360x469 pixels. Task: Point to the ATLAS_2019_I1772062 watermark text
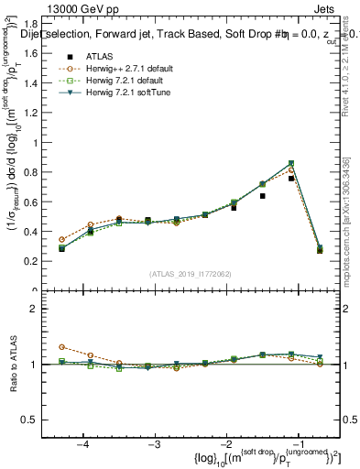click(x=191, y=274)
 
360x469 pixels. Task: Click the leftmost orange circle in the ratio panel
click(x=61, y=347)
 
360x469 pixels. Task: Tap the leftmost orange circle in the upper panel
click(x=61, y=239)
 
